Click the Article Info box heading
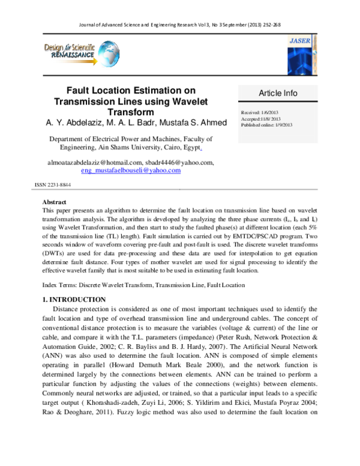click(x=278, y=93)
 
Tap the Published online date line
click(x=266, y=125)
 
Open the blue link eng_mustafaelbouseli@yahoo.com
click(x=130, y=171)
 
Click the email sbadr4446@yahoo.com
click(x=179, y=162)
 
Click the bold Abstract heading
click(x=54, y=202)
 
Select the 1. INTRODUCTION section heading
click(x=74, y=299)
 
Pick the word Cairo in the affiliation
click(x=171, y=147)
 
